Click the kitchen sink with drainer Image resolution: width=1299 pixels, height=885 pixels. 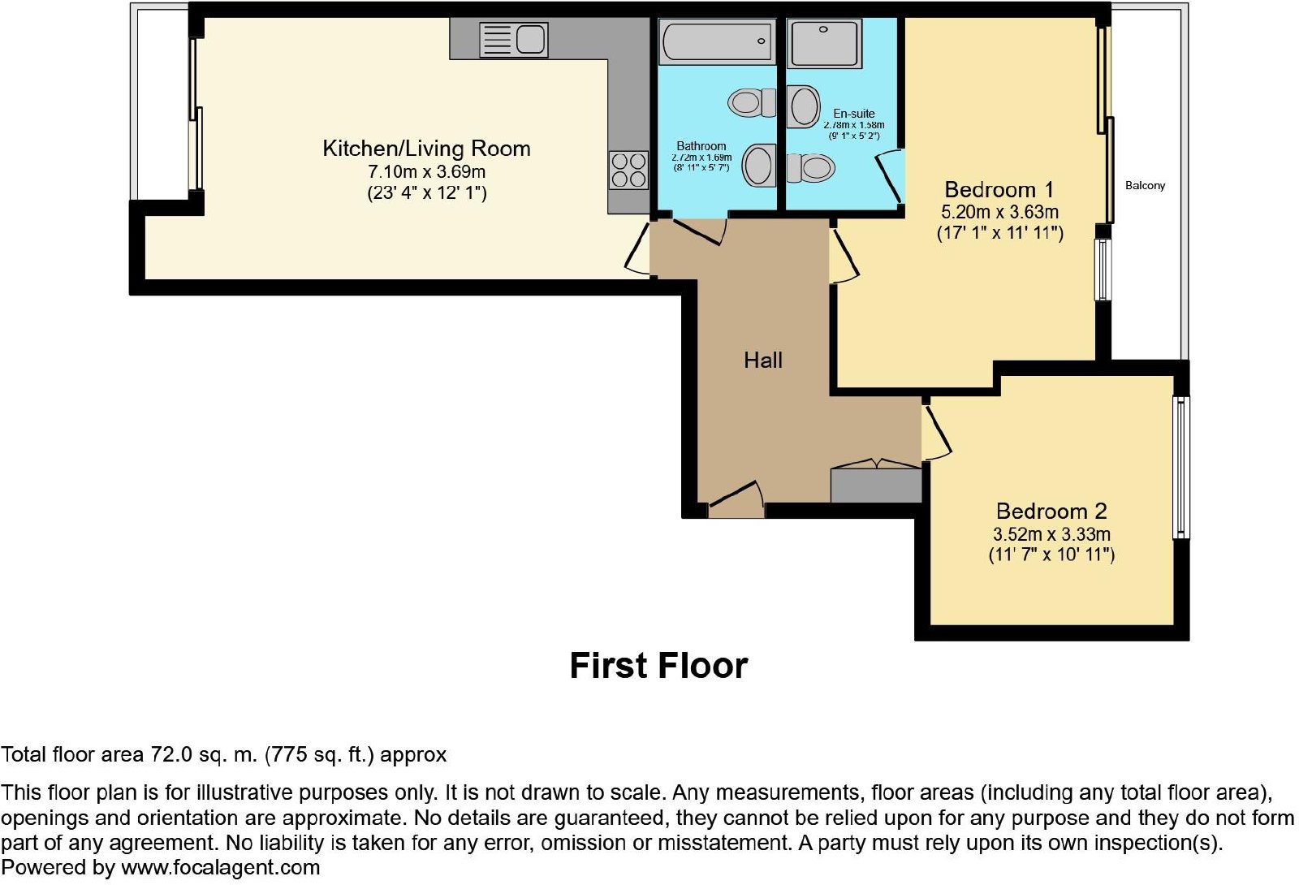click(514, 40)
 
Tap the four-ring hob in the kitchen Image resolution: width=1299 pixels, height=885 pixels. click(628, 170)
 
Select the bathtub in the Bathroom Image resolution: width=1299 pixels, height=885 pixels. click(718, 41)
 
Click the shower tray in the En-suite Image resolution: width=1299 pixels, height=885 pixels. click(824, 42)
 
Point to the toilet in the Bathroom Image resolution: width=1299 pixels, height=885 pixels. click(752, 103)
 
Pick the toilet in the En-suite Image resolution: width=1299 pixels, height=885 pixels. click(811, 168)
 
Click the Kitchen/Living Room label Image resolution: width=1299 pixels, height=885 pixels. click(426, 149)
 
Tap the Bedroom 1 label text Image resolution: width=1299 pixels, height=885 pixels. click(999, 190)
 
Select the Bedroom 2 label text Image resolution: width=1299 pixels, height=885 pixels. click(1051, 511)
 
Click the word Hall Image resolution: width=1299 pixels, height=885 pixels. click(763, 360)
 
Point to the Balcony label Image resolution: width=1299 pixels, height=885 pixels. click(1145, 186)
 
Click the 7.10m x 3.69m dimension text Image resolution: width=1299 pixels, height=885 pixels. click(427, 171)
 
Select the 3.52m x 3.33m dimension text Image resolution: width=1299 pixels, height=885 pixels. click(1051, 533)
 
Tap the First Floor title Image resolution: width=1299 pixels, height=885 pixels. click(658, 665)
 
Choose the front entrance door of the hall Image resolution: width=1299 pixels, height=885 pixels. click(736, 499)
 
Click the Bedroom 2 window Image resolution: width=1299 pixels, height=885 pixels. click(1181, 468)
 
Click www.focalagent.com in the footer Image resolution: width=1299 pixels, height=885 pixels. click(220, 868)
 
